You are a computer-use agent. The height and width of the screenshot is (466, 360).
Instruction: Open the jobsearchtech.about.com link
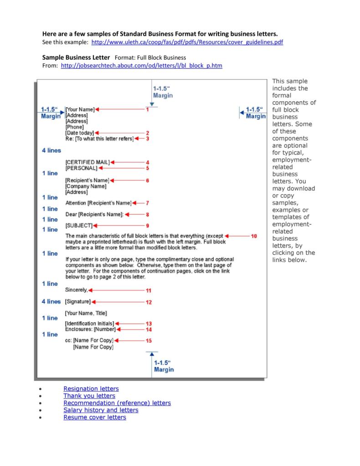coord(141,66)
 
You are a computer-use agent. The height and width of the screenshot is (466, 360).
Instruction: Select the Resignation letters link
coord(91,388)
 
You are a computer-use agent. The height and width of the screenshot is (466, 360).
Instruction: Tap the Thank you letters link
coord(89,396)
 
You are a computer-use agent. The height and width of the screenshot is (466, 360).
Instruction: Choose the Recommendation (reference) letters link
coord(117,403)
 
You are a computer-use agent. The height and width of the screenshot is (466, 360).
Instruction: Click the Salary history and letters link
coord(100,410)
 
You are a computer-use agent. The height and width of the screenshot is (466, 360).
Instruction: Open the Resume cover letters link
coord(94,417)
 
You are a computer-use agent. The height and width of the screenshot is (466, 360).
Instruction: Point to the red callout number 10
coord(254,236)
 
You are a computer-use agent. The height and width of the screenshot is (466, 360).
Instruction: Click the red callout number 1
coord(147,109)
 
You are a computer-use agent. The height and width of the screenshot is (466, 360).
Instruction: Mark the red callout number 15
coord(149,341)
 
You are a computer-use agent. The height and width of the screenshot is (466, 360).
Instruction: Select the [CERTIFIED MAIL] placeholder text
coord(87,162)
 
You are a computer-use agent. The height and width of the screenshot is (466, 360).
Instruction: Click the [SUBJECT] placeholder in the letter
coord(79,225)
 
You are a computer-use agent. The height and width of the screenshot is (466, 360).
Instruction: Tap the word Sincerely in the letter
coord(76,290)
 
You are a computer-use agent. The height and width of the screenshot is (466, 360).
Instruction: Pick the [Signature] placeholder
coord(78,302)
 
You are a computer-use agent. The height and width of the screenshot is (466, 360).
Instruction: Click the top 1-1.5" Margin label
coord(163,92)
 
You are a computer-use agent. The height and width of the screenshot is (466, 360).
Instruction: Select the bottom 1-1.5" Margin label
coord(164,366)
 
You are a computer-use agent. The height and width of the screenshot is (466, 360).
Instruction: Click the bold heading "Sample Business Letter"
coord(76,58)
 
